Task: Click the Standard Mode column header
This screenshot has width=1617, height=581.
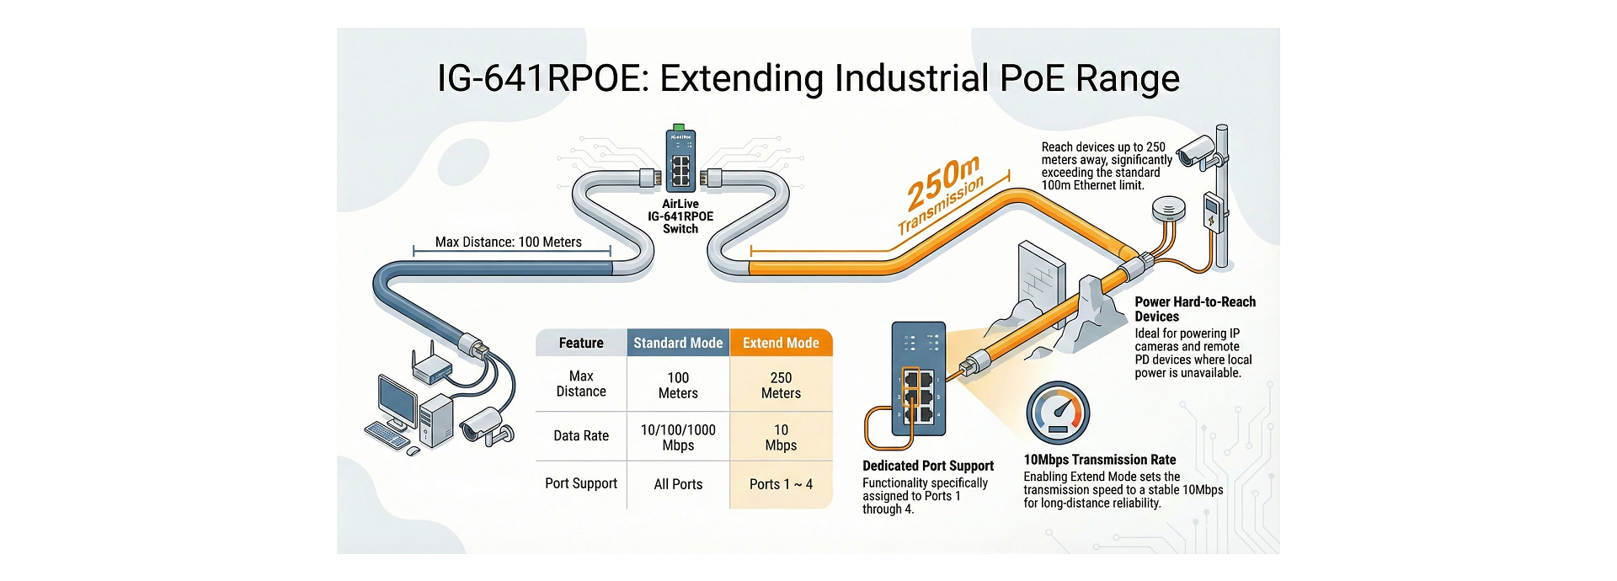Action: click(678, 343)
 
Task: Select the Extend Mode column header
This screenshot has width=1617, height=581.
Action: click(781, 343)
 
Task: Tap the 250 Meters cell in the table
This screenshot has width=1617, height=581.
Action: click(781, 386)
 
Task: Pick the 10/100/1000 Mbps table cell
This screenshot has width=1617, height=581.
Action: click(678, 437)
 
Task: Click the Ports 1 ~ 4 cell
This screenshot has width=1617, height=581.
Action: click(781, 484)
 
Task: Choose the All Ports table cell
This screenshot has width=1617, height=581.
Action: click(678, 484)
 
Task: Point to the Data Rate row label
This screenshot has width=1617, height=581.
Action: click(581, 435)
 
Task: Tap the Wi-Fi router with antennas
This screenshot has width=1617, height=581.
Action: click(431, 364)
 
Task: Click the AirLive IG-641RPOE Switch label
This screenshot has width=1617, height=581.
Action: click(680, 216)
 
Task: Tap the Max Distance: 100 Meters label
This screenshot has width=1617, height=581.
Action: click(509, 242)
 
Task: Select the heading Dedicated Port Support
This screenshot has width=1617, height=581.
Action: click(928, 466)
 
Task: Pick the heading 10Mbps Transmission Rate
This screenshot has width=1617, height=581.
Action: click(1100, 460)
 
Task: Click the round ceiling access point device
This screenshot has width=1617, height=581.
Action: click(1168, 209)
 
